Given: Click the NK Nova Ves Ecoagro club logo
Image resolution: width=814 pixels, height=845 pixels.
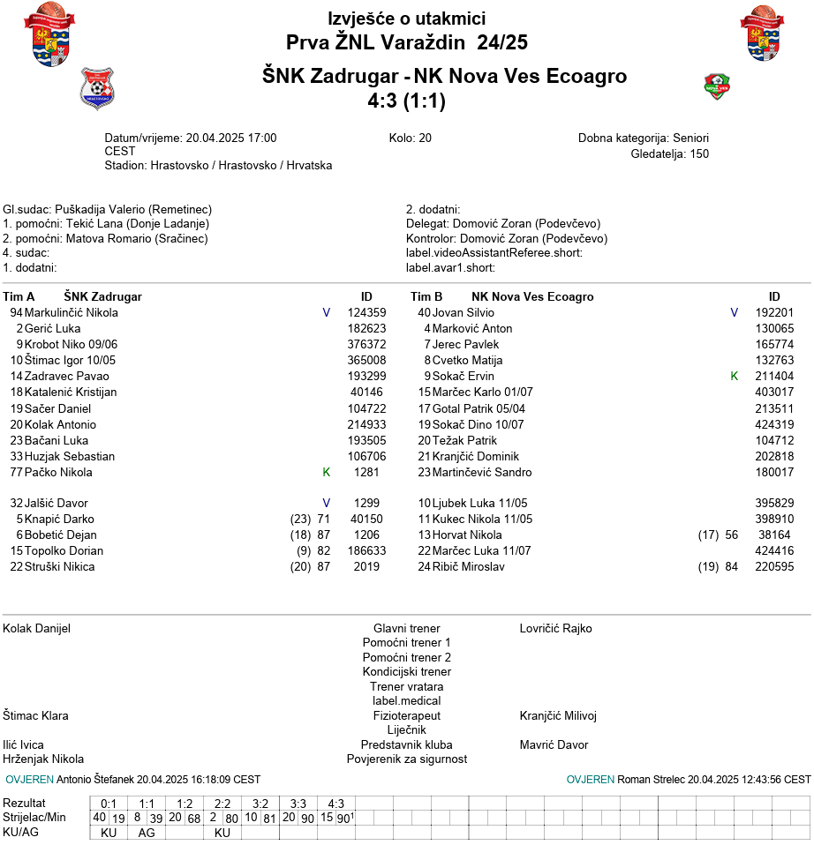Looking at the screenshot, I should (717, 86).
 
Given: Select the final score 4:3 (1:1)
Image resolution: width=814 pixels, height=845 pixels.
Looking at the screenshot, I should (407, 101).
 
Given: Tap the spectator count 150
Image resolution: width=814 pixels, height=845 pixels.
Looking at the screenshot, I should (699, 153).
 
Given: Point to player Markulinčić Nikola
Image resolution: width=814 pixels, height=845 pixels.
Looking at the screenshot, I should (71, 312).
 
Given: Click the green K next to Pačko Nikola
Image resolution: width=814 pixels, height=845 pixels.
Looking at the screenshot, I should (326, 472).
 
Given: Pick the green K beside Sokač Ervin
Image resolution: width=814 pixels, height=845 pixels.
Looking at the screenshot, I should (734, 376).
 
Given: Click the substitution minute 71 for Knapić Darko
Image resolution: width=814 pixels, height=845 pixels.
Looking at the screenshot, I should (323, 519).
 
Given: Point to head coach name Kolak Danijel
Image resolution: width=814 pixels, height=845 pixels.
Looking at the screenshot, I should (37, 629).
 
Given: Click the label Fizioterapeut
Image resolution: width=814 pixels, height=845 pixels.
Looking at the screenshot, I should (406, 715).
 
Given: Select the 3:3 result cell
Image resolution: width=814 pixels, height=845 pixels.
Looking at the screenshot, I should (298, 804).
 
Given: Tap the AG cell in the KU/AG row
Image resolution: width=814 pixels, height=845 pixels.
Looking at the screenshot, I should (147, 833).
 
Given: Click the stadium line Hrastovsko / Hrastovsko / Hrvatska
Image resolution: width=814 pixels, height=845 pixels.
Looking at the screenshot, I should (241, 165).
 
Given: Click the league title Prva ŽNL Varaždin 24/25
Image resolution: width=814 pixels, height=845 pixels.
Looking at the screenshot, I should (407, 42).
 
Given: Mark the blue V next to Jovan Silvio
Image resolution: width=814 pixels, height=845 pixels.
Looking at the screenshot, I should (734, 312).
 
